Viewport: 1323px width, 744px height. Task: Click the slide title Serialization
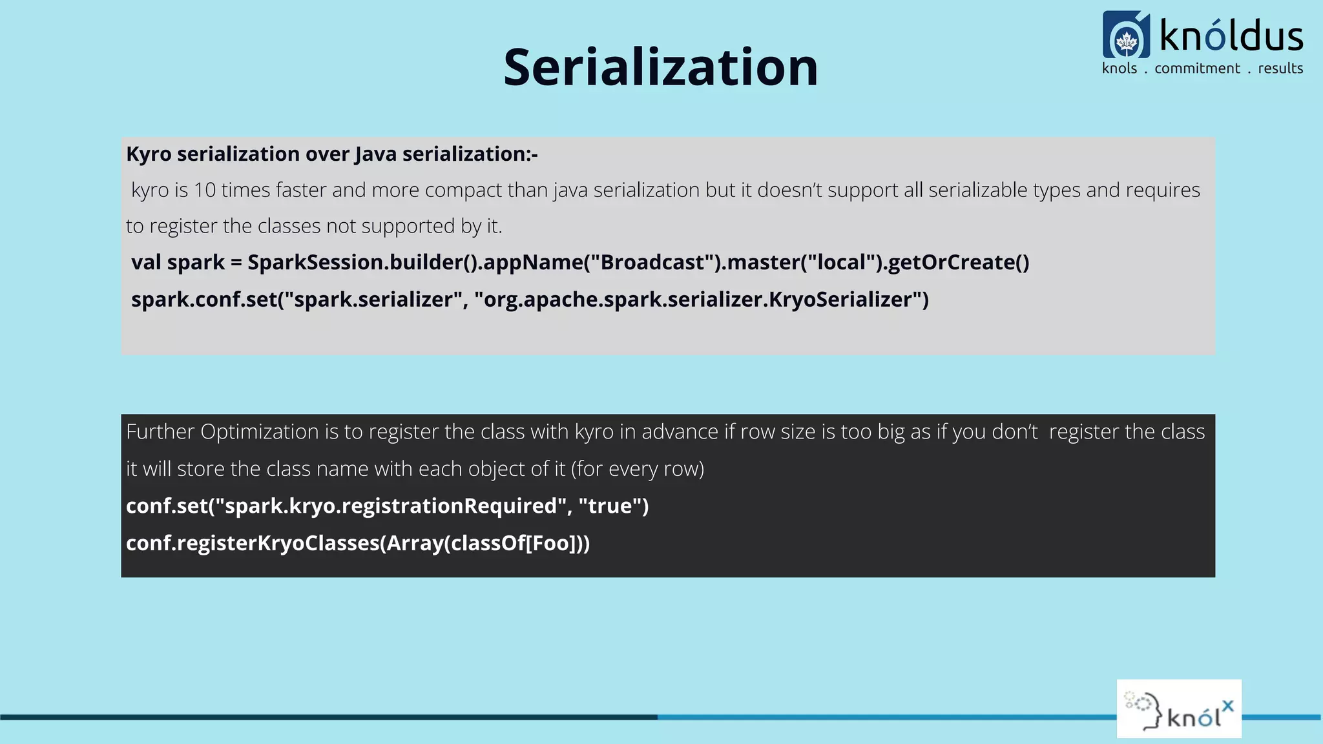(660, 67)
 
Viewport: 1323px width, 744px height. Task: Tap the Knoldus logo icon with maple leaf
(1126, 35)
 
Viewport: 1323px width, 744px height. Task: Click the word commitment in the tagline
(1197, 68)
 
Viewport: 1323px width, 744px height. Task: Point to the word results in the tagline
(1280, 68)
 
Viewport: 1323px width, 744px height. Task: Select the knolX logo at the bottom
(1179, 708)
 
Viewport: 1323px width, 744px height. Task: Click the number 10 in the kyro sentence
(205, 190)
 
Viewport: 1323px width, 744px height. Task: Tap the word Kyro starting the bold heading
(149, 154)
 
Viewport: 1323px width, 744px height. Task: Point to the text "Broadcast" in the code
(652, 262)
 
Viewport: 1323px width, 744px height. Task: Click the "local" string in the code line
(842, 262)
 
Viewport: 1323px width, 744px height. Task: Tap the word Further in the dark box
(160, 431)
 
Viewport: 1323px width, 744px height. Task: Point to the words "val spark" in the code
(178, 262)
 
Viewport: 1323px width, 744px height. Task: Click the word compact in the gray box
(463, 190)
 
